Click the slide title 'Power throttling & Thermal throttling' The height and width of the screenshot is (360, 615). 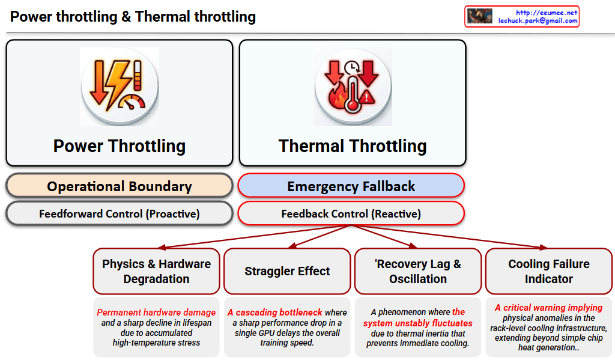[133, 17]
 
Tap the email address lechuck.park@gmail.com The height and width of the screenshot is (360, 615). [538, 20]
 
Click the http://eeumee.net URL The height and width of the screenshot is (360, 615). [546, 12]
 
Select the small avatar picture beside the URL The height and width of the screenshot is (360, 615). [479, 16]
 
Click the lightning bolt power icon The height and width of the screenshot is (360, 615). [119, 87]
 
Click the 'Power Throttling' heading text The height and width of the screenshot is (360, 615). [119, 146]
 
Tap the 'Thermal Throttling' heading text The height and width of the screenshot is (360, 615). [353, 146]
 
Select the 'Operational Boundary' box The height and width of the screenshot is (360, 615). [119, 186]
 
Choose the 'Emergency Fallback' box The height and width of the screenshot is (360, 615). [351, 186]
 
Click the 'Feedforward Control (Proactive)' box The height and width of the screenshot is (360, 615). [119, 213]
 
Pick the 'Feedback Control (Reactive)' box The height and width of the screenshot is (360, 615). [351, 213]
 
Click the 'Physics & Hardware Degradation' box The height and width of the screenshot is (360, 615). [156, 271]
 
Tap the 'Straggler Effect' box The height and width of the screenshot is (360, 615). [287, 271]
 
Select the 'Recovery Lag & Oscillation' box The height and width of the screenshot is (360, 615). [418, 271]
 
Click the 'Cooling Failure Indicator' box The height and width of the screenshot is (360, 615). [549, 271]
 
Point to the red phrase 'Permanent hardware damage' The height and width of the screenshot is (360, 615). [156, 313]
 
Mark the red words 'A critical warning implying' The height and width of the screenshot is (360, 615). [549, 308]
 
